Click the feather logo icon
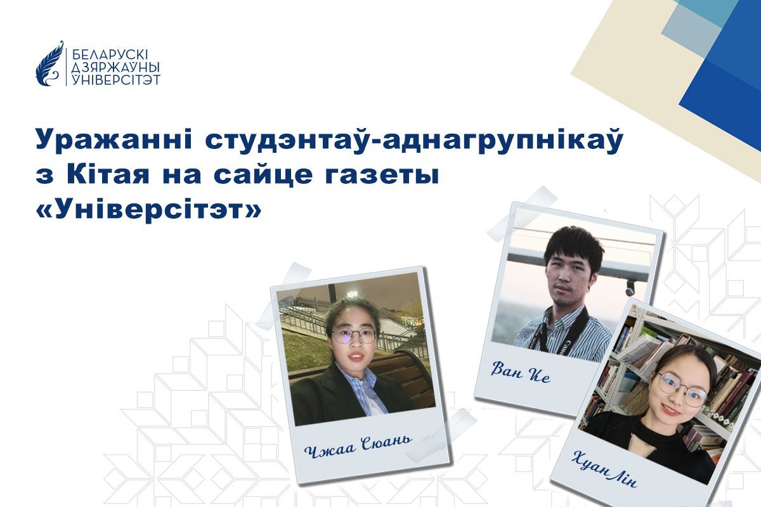(x=49, y=64)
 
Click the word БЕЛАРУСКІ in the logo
(x=110, y=55)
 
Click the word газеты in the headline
(x=381, y=176)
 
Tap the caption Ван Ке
(x=520, y=372)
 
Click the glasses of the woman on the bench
(x=353, y=335)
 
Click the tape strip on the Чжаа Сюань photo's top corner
(x=293, y=277)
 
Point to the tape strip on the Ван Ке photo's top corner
(x=522, y=214)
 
